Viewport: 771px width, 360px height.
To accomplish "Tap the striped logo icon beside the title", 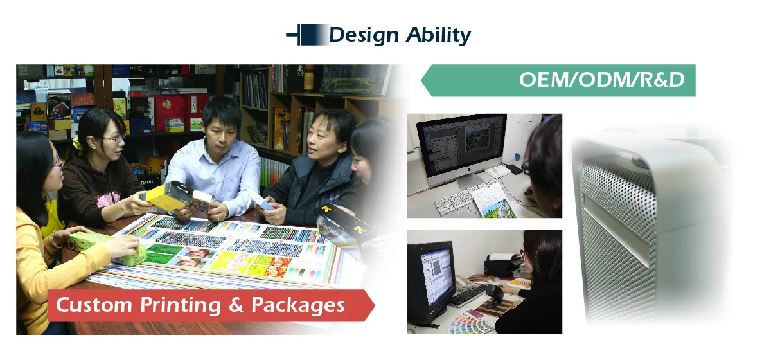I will pos(306,34).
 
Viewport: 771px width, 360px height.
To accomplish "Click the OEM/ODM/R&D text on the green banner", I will pos(601,80).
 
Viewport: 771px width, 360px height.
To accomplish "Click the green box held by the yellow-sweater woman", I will pos(100,247).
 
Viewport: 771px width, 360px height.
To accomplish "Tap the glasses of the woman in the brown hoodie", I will pos(113,138).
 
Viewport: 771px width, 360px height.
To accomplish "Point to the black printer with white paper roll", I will pos(502,263).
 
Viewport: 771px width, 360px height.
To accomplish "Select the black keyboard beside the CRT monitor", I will pos(466,295).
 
